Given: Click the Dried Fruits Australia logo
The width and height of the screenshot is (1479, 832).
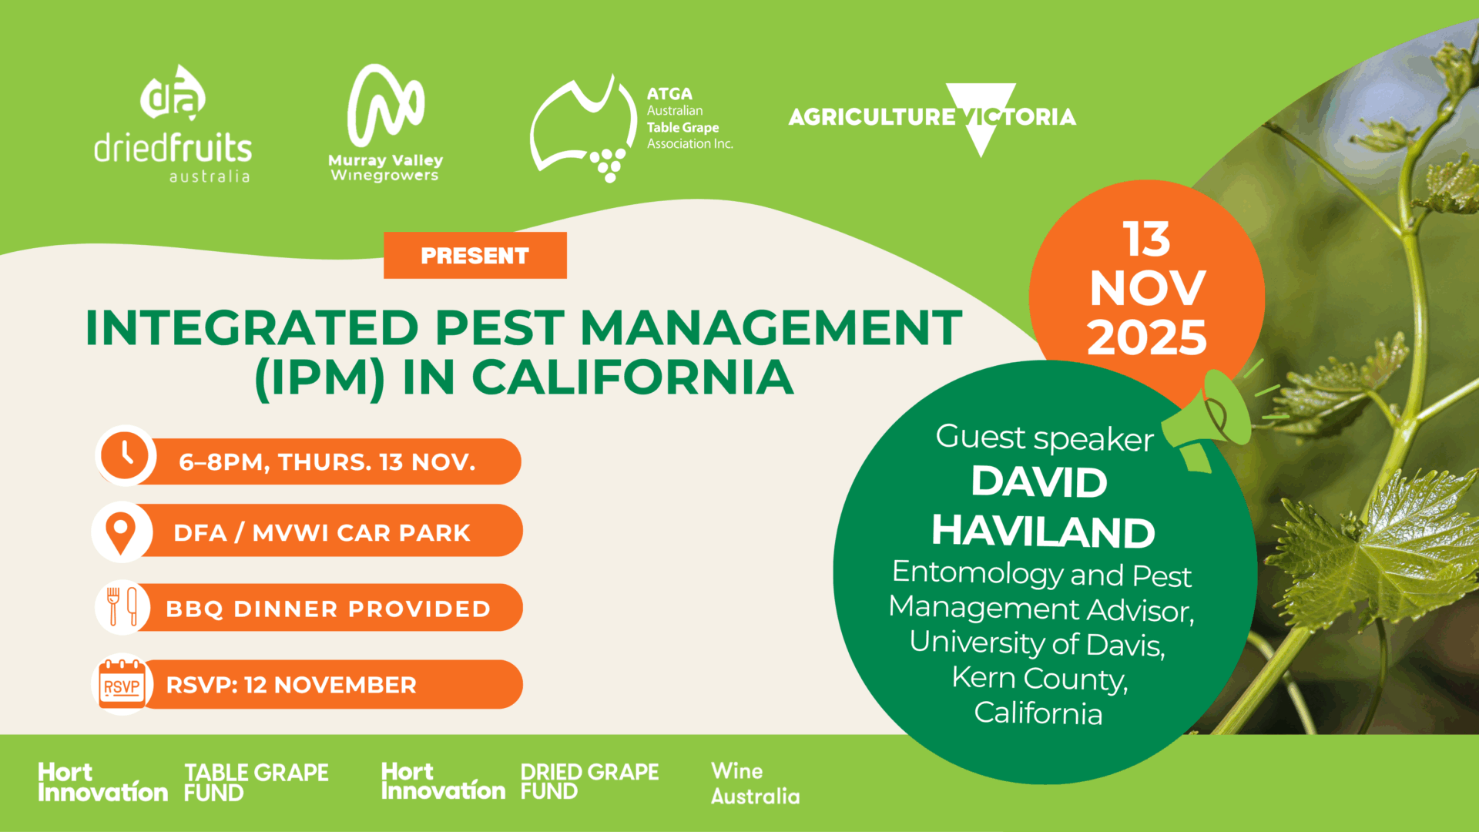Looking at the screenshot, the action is tap(173, 124).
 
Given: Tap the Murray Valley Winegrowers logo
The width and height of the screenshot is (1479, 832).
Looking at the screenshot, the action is tap(385, 123).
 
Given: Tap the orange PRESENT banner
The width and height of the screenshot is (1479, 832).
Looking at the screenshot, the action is tap(475, 255).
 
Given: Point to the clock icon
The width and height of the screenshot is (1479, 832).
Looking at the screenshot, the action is tap(126, 455).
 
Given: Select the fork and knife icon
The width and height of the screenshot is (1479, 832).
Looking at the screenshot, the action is tap(122, 607).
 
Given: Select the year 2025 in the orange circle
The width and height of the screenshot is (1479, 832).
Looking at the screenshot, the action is tap(1146, 337).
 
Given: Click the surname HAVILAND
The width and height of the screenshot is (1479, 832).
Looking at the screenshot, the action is tap(1043, 532).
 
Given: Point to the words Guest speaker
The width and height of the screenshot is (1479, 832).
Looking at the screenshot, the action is tap(1045, 438).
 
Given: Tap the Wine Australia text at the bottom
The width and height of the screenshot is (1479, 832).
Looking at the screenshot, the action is tap(755, 783).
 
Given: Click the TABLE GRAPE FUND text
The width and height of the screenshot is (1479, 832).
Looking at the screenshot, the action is tap(257, 783).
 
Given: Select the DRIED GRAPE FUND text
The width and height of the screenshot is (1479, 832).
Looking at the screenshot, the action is tap(589, 782).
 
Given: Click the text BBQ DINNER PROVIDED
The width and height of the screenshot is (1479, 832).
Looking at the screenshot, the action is tap(328, 609).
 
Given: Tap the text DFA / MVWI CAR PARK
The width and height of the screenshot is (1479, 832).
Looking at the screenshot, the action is tap(322, 532).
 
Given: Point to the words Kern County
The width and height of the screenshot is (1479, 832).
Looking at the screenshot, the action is tap(1040, 678).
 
